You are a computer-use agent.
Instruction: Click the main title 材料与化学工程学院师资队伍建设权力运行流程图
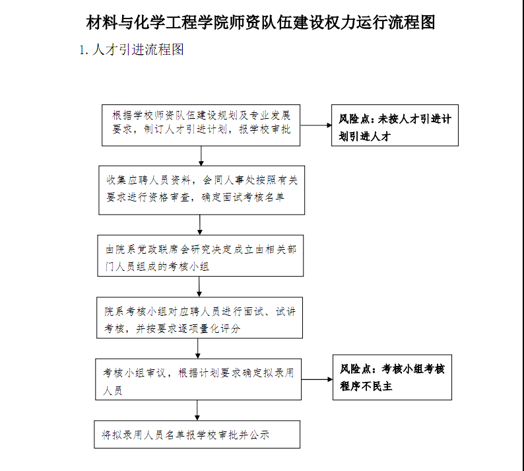261,22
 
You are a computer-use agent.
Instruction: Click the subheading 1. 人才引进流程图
132,50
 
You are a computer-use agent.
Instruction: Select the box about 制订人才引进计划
201,125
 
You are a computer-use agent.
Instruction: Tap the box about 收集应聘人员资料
201,190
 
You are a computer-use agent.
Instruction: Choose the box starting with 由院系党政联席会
200,256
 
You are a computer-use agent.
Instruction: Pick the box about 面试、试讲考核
199,318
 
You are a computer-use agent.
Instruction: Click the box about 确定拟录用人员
198,379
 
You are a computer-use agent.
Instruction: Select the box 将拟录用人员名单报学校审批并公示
197,434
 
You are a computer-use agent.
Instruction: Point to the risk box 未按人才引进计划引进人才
395,125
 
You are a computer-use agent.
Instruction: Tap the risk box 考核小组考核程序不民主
392,377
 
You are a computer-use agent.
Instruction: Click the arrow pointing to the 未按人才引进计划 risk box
316,125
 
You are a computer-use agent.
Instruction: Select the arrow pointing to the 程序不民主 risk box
317,379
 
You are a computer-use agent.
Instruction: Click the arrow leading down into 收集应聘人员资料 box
201,156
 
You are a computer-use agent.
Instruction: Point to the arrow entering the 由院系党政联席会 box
200,225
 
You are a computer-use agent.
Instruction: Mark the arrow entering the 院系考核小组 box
199,287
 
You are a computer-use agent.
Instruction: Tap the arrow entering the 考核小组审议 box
198,349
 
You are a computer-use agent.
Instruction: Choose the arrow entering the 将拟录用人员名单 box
197,410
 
